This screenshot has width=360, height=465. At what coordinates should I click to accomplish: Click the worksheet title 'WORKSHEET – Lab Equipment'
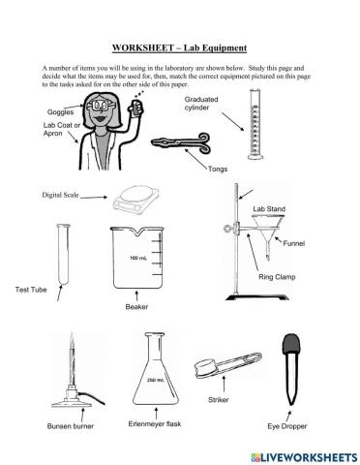pyautogui.click(x=179, y=46)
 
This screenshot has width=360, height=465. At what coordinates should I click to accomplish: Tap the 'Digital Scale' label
pyautogui.click(x=59, y=195)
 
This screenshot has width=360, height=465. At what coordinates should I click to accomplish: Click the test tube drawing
pyautogui.click(x=64, y=254)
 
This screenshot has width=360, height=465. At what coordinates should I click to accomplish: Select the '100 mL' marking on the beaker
pyautogui.click(x=137, y=260)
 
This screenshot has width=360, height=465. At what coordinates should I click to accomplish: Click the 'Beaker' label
pyautogui.click(x=136, y=306)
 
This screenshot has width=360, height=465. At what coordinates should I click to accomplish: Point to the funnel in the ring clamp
pyautogui.click(x=265, y=236)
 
